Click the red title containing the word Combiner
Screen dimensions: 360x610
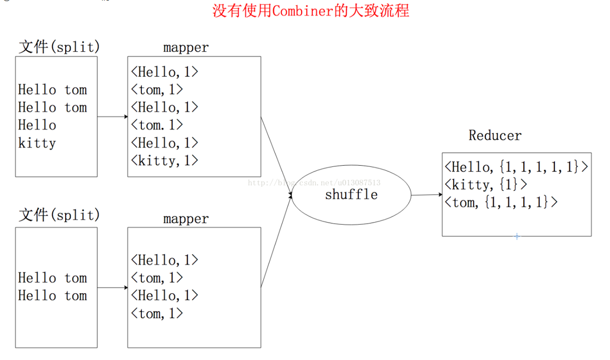[x=311, y=11]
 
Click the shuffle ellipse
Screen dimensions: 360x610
[x=351, y=195]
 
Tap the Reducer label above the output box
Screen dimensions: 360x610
[x=495, y=135]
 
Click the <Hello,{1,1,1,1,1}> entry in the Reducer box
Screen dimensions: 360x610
[x=516, y=166]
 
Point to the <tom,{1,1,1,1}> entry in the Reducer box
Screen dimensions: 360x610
[x=501, y=202]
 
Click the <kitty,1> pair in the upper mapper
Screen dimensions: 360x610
[x=165, y=160]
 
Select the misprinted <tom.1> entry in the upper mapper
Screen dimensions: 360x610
[x=157, y=125]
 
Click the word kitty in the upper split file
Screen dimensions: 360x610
[x=37, y=143]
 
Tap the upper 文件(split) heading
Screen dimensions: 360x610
[x=59, y=47]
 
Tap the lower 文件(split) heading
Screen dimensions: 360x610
[x=59, y=215]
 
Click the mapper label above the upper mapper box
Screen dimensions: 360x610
[x=186, y=48]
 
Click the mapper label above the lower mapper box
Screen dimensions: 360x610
[x=186, y=219]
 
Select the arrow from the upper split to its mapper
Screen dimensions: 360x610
[x=112, y=117]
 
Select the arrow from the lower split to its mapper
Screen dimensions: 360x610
[x=112, y=288]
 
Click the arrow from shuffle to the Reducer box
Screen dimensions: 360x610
[x=426, y=195]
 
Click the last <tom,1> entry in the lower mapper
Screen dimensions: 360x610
[x=157, y=313]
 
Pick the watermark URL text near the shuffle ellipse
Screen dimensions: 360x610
[x=314, y=183]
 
